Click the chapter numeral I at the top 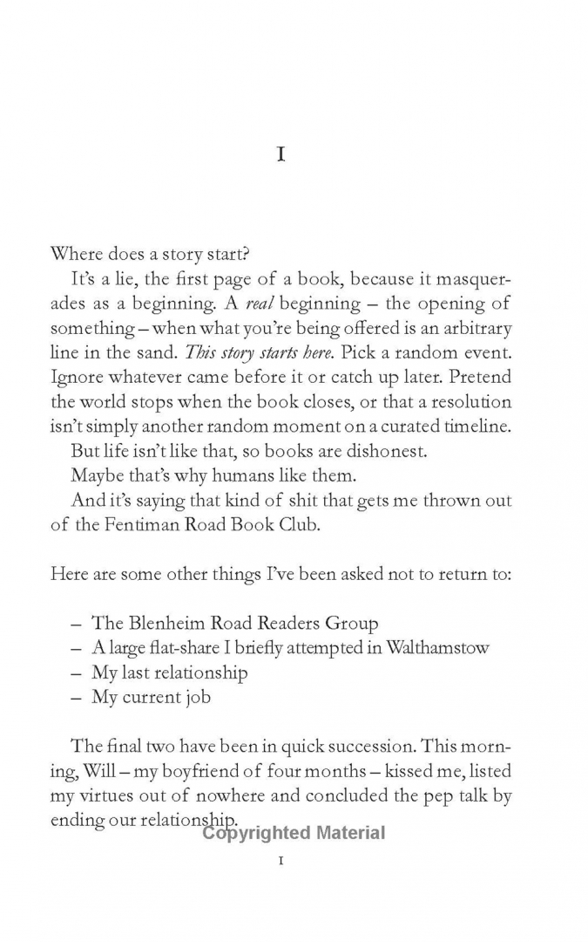coord(280,155)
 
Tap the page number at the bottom coord(280,862)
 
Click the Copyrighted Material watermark coord(294,832)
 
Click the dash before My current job coord(76,697)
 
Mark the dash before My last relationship coord(76,672)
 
